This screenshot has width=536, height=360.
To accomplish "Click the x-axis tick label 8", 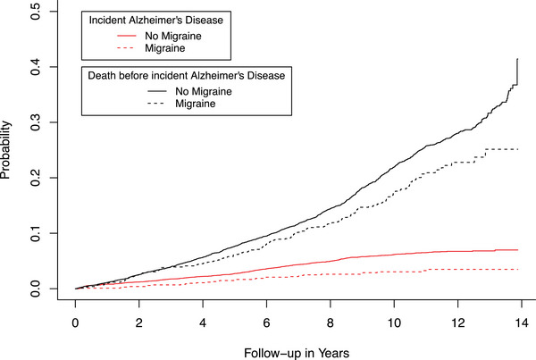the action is [x=331, y=322].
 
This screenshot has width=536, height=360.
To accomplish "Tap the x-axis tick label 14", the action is [x=522, y=322].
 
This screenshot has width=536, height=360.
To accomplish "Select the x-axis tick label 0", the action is [x=75, y=322].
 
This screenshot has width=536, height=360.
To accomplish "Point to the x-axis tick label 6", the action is [x=266, y=322].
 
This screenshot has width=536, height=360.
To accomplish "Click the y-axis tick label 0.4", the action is [x=35, y=67].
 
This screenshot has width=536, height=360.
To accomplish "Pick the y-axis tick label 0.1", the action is [x=35, y=233].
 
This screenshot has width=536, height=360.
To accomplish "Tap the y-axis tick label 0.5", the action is [x=35, y=12].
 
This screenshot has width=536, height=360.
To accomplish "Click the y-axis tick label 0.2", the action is [x=35, y=178].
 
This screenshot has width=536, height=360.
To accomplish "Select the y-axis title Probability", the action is [x=5, y=150].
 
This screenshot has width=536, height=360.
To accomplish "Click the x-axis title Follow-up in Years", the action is [x=297, y=353].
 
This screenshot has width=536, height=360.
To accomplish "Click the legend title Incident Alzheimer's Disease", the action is [x=155, y=21].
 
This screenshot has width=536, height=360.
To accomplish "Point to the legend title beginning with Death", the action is [x=187, y=75].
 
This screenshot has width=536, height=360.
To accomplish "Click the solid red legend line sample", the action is [x=127, y=36].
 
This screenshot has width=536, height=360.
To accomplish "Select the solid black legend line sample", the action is [x=157, y=91].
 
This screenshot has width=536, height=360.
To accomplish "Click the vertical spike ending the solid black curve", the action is [x=517, y=71].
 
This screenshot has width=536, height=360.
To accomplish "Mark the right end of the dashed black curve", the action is [x=518, y=149].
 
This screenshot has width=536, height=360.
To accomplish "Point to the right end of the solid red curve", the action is [x=518, y=250].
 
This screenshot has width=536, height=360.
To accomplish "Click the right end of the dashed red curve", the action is [x=518, y=270].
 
